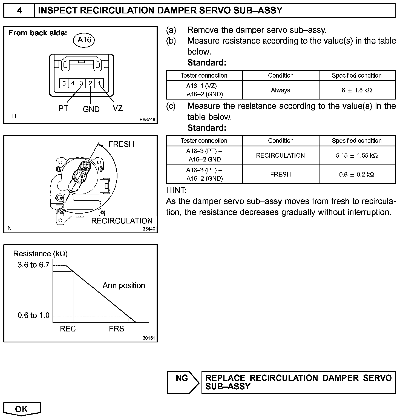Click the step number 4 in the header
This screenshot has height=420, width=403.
click(x=19, y=11)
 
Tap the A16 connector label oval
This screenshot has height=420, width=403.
click(x=84, y=40)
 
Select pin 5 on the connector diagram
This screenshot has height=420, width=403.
click(x=64, y=83)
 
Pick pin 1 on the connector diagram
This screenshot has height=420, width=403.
click(x=99, y=83)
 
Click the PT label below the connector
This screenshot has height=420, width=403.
click(x=63, y=109)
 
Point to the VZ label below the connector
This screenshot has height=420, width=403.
click(x=118, y=109)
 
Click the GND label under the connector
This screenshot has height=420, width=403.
click(x=91, y=109)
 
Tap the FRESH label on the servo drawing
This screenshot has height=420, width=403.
click(x=121, y=144)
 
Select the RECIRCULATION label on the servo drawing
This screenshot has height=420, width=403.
click(x=122, y=221)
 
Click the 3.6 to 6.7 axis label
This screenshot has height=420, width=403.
click(x=33, y=265)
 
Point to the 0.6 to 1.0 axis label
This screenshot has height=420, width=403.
click(x=33, y=315)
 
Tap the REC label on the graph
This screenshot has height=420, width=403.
click(x=68, y=329)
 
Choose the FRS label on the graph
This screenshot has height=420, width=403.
click(x=116, y=329)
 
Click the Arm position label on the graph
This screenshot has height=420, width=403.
click(x=124, y=286)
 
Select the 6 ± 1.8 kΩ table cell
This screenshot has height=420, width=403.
click(x=357, y=90)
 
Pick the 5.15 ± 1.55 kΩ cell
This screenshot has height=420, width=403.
click(x=357, y=155)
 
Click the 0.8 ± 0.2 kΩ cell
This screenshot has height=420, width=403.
click(x=357, y=174)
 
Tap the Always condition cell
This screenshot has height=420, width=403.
click(x=280, y=90)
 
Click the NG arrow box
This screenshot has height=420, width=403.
click(x=183, y=382)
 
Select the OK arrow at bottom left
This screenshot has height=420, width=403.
click(x=22, y=409)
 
